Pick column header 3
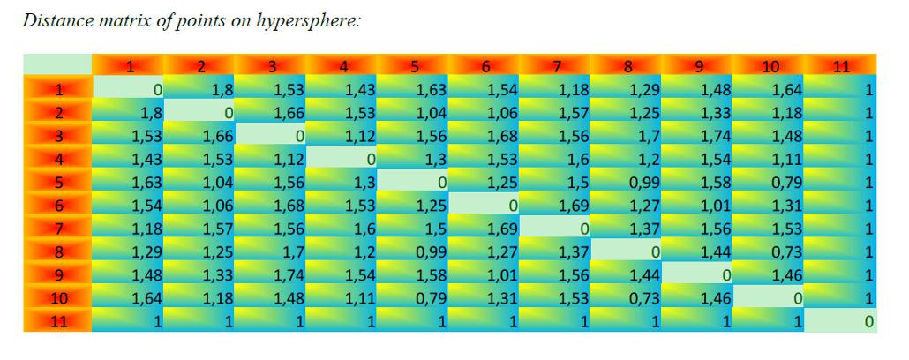[x=272, y=65]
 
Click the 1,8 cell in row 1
[x=200, y=89]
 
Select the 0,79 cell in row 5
[x=770, y=183]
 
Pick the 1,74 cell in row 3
[x=699, y=136]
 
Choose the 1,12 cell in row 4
[x=272, y=160]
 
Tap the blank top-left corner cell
[x=57, y=64]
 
